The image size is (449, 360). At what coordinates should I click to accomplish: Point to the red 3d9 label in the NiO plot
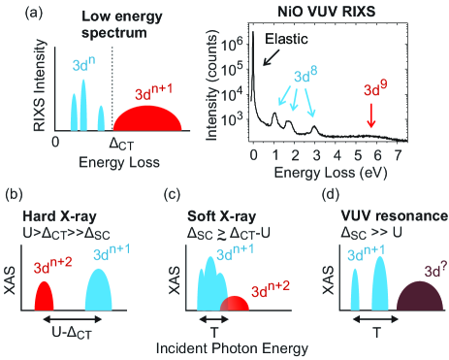pyautogui.click(x=372, y=95)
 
